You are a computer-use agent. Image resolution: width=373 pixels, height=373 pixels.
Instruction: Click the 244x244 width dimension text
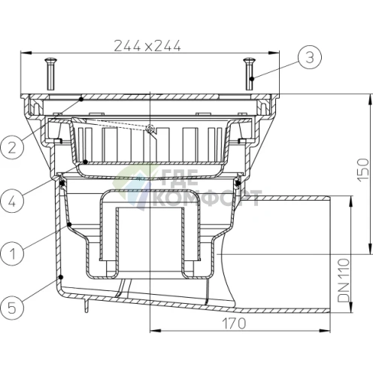[147, 46]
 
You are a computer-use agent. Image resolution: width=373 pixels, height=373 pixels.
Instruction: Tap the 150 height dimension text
[363, 170]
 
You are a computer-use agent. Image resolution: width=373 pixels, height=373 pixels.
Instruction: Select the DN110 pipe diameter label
[344, 281]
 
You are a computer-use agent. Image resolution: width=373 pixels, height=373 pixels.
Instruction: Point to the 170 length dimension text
[234, 323]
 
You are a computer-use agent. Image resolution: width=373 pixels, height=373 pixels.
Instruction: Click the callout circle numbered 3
[310, 57]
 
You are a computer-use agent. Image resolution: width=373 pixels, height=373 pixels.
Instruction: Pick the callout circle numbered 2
[12, 147]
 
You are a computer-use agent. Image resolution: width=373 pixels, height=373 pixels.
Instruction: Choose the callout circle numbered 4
[12, 201]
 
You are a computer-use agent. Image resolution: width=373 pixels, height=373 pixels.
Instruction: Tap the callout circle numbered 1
[12, 253]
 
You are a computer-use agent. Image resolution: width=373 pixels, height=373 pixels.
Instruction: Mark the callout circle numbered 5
[12, 308]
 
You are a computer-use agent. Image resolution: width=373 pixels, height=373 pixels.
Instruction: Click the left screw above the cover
[51, 74]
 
